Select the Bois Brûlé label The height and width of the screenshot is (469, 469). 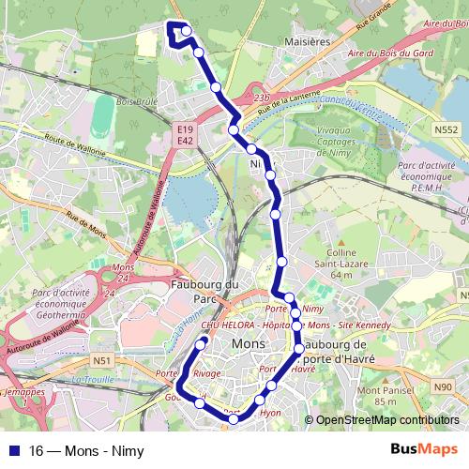click(x=139, y=101)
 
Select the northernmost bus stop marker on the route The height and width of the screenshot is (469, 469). click(x=187, y=31)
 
